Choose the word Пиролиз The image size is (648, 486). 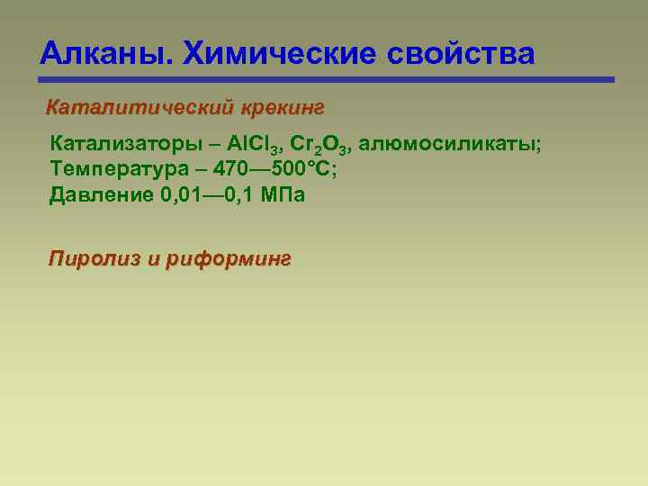tap(92, 259)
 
